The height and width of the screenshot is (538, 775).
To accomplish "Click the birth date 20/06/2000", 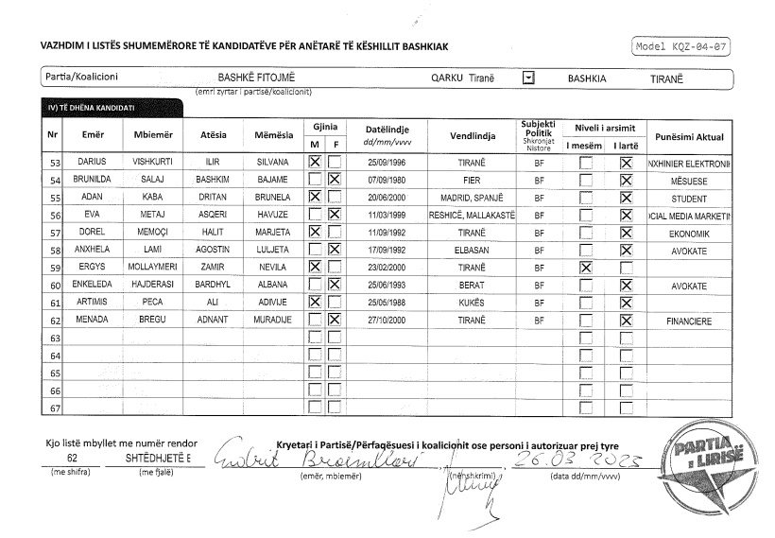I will pyautogui.click(x=386, y=198).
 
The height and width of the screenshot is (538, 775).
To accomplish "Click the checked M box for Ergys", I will pyautogui.click(x=316, y=268).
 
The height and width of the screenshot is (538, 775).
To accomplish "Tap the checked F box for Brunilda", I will pyautogui.click(x=334, y=181).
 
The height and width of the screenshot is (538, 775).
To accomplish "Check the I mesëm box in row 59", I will pyautogui.click(x=586, y=268).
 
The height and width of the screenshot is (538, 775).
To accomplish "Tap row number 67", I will pyautogui.click(x=55, y=408).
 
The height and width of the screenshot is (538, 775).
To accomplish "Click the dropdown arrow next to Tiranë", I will pyautogui.click(x=529, y=78).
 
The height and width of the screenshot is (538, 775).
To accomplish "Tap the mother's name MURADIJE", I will pyautogui.click(x=272, y=321).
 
